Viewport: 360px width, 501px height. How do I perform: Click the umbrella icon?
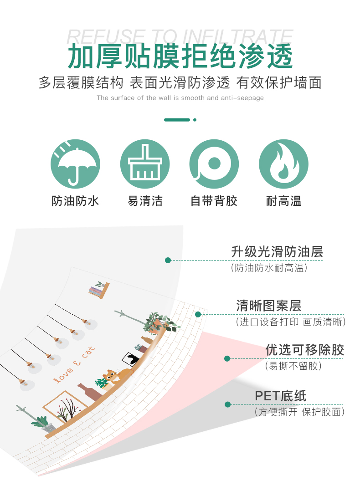[75, 164]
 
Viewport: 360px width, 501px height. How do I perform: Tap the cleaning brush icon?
[145, 164]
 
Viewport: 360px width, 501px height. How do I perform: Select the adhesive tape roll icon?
[214, 164]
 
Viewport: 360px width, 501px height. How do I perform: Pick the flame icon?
[283, 164]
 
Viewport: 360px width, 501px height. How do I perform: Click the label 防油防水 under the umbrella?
[75, 201]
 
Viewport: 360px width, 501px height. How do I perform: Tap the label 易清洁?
[145, 201]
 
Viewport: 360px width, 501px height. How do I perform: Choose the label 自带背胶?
[214, 201]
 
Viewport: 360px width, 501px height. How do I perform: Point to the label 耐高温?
[283, 201]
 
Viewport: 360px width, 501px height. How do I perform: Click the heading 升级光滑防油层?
[277, 251]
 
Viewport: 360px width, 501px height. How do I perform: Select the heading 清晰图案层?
[268, 305]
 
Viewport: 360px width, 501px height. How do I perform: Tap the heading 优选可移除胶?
[304, 350]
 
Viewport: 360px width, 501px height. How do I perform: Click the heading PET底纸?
[280, 395]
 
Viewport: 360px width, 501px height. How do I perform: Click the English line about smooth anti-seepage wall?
[180, 98]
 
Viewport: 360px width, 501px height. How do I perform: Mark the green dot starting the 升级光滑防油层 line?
[168, 260]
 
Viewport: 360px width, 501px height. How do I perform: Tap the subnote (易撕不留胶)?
[293, 366]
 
